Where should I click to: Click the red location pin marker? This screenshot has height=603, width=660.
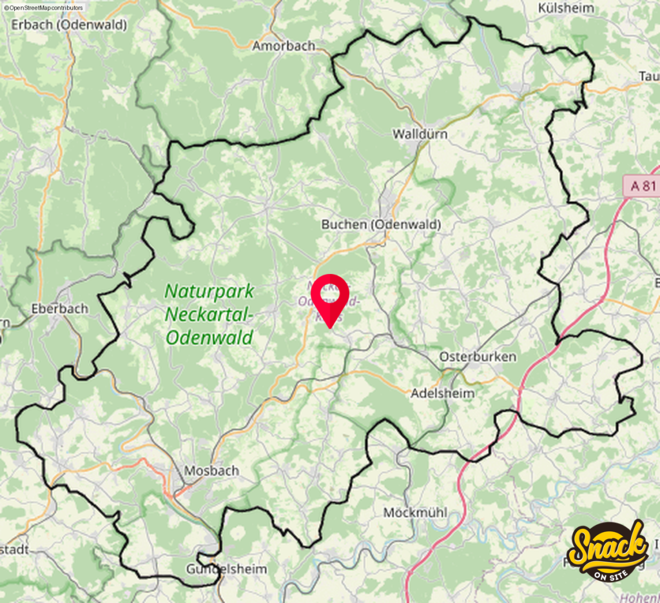330,300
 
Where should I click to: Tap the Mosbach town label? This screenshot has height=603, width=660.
211,471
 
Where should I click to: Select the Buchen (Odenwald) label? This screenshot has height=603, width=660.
381,224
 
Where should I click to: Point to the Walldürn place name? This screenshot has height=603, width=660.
420,134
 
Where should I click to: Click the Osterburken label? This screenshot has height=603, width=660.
478,357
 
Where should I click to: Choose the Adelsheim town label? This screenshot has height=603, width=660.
443,393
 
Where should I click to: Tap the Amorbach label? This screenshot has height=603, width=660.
284,46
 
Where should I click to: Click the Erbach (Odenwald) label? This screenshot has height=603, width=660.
69,25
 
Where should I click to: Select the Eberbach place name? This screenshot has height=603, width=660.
59,308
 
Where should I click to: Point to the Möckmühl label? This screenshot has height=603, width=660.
415,513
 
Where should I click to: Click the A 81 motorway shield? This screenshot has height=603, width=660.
642,186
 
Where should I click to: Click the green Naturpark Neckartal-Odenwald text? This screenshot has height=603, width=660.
209,313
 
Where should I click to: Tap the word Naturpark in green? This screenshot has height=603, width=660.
209,291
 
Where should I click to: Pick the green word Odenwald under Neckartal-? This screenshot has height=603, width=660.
209,336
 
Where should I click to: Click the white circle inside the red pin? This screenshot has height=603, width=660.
330,293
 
